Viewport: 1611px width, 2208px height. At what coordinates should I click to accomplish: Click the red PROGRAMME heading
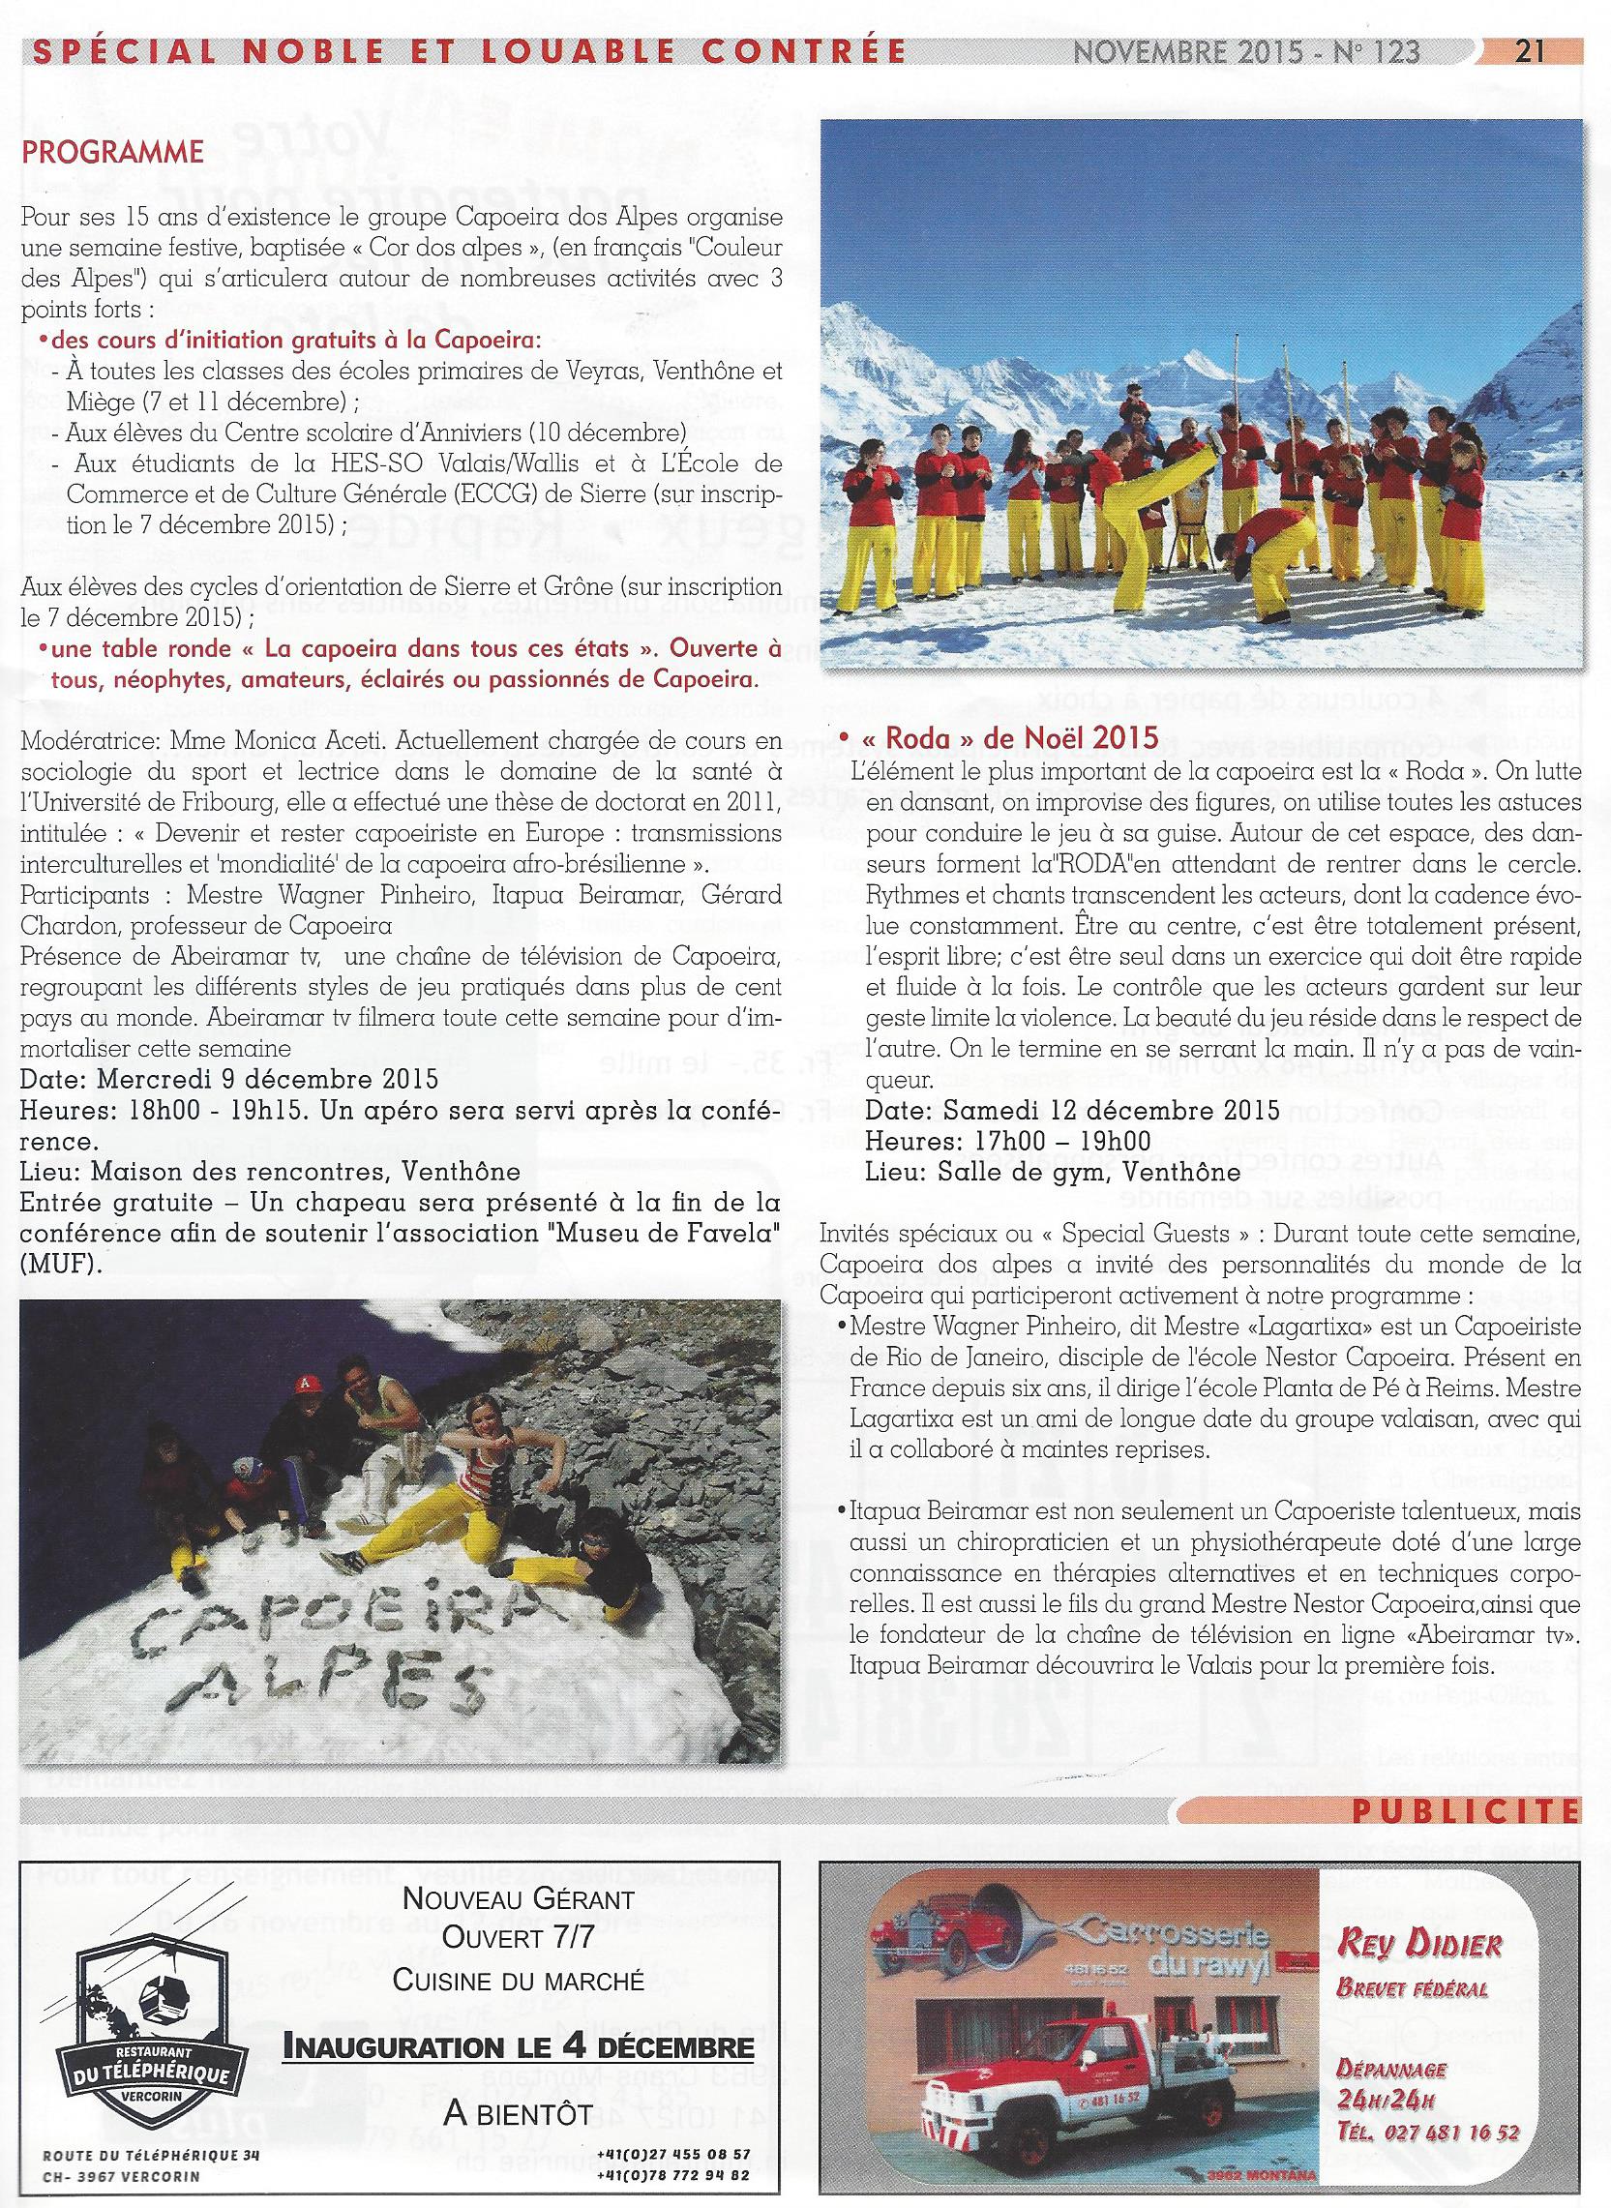point(112,153)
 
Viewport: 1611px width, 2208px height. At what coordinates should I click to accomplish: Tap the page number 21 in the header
point(1528,51)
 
